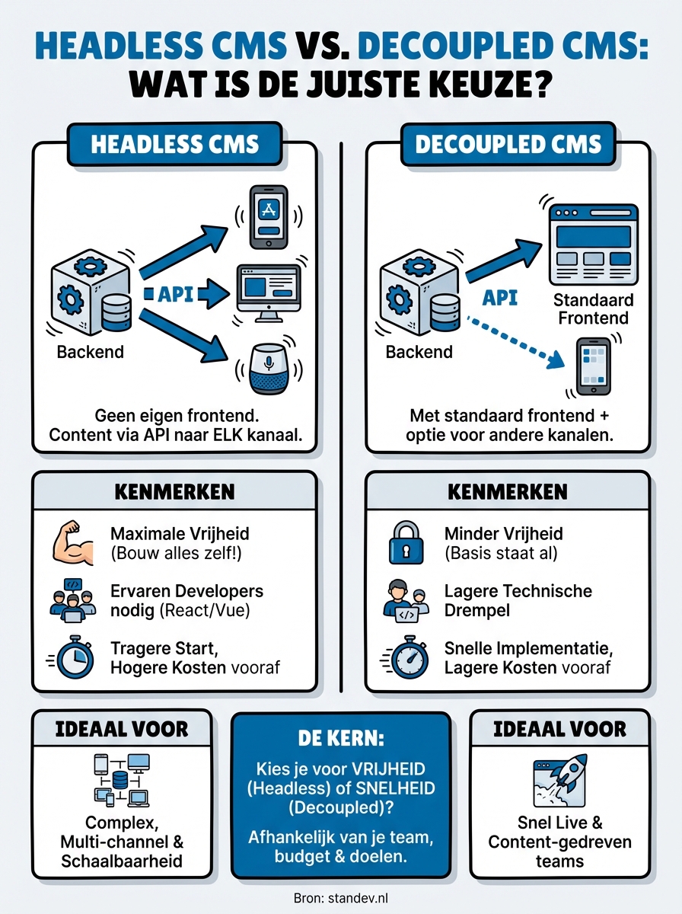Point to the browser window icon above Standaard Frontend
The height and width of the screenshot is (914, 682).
(593, 243)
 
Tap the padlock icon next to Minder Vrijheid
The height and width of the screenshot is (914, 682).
(405, 543)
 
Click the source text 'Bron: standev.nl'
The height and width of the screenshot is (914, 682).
(340, 899)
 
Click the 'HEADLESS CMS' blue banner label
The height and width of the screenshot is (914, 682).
(174, 144)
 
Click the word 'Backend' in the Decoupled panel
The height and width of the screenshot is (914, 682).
(419, 352)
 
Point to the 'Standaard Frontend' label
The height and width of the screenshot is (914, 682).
(593, 308)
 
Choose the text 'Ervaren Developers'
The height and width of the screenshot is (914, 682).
(186, 591)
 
